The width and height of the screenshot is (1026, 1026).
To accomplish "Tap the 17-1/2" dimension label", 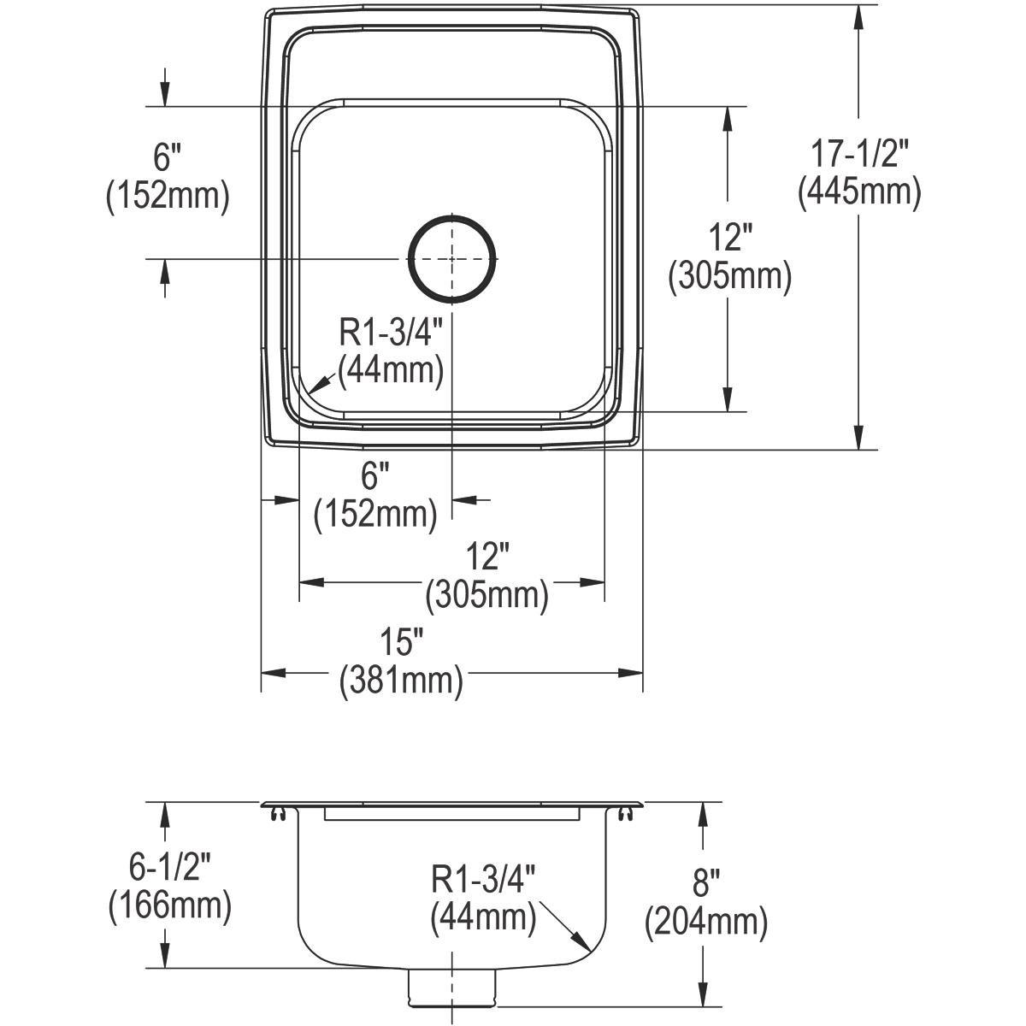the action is click(x=858, y=153).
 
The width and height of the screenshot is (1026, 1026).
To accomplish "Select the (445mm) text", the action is click(x=859, y=192).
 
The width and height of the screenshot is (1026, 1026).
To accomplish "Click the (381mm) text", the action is click(x=401, y=681).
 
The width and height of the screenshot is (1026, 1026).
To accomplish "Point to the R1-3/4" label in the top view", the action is click(x=391, y=333).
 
